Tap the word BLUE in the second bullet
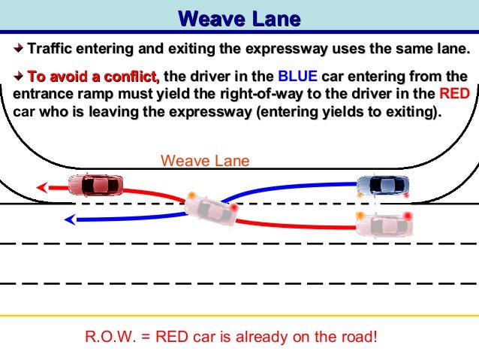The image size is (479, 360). pyautogui.click(x=298, y=77)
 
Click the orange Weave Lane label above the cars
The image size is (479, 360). pyautogui.click(x=204, y=161)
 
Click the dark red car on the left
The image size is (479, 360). pyautogui.click(x=95, y=184)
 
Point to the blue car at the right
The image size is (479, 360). pyautogui.click(x=383, y=185)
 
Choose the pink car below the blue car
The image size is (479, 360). pyautogui.click(x=384, y=222)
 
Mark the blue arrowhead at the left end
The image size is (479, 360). pyautogui.click(x=69, y=220)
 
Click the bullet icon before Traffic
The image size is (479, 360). pyautogui.click(x=19, y=50)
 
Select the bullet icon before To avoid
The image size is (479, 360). pyautogui.click(x=19, y=77)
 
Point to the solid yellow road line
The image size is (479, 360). pyautogui.click(x=239, y=316)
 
